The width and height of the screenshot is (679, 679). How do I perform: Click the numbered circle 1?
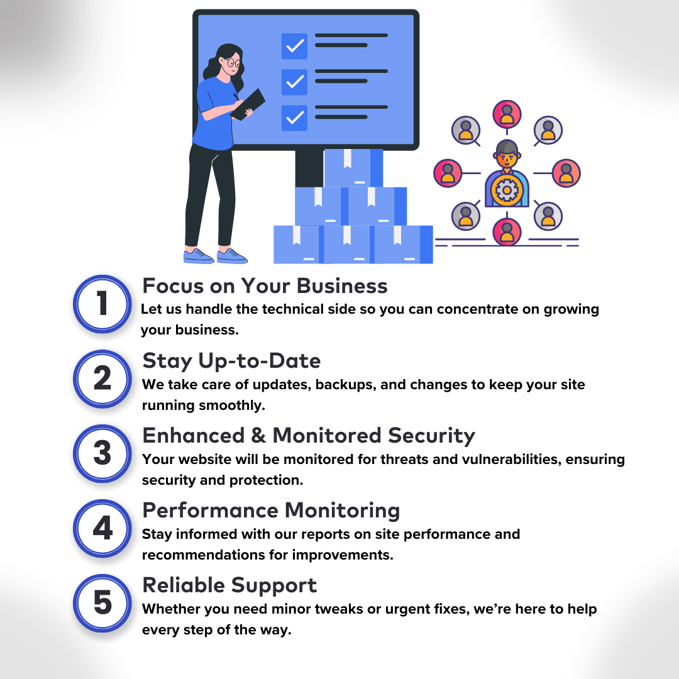coord(102,304)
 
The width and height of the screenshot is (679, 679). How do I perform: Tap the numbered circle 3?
coord(102,453)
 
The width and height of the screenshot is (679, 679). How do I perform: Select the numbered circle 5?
coord(102,603)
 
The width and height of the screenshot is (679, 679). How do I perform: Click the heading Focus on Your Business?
coord(265,286)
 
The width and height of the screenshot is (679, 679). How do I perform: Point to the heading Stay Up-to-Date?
coord(231,362)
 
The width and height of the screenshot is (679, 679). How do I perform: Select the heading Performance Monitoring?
coord(271,511)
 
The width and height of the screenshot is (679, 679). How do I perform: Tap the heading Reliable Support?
coord(229,585)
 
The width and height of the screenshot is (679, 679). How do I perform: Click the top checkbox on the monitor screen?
coord(294,46)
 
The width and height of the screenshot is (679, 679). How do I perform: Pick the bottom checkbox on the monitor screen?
coord(294,118)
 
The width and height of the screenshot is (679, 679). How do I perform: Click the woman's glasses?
coord(233,63)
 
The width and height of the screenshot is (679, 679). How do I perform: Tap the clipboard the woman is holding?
coord(248,104)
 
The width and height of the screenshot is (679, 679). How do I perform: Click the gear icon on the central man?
coord(507,190)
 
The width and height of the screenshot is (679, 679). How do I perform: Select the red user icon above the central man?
coord(507,114)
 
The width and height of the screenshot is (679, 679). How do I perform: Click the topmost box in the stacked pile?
coord(353,168)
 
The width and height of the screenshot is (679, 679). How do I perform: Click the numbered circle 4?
coord(102,528)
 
